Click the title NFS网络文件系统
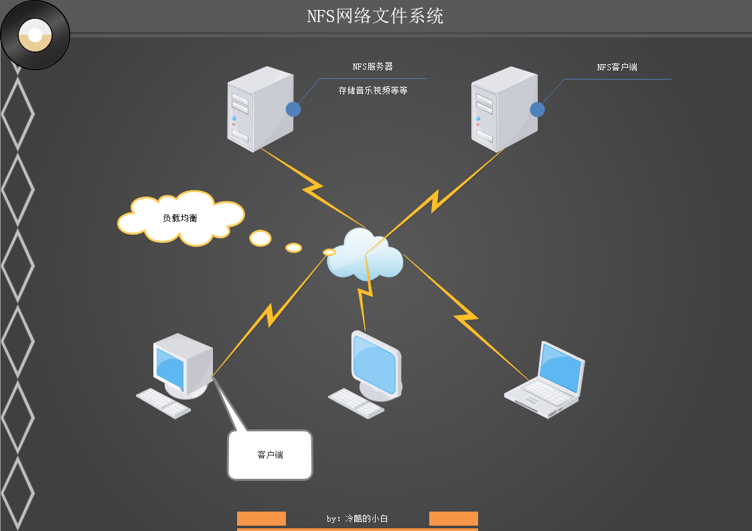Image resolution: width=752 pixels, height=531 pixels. (x=375, y=16)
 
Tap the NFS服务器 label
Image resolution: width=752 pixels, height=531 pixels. (x=372, y=67)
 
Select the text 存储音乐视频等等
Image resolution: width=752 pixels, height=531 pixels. (x=373, y=90)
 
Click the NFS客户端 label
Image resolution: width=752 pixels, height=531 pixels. (x=617, y=68)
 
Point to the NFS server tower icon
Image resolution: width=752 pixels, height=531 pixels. (x=260, y=108)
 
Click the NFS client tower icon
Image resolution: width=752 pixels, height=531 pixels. (x=504, y=108)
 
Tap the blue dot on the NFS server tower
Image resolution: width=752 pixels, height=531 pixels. (x=293, y=110)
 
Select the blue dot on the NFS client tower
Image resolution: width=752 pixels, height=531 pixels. (x=537, y=110)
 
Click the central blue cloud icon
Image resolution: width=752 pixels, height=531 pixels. (x=365, y=255)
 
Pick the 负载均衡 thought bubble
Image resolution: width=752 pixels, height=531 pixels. (x=180, y=218)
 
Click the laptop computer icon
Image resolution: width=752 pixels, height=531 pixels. (x=545, y=380)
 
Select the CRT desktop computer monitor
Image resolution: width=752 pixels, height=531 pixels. (x=182, y=364)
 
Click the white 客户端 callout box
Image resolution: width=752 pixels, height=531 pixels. (x=270, y=455)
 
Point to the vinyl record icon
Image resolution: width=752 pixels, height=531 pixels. (x=35, y=35)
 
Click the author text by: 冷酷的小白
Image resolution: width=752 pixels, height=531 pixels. (x=357, y=518)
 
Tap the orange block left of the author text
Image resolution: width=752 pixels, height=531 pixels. (x=261, y=518)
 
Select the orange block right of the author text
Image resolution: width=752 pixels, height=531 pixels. (x=453, y=518)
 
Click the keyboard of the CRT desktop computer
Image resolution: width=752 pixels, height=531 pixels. (x=164, y=403)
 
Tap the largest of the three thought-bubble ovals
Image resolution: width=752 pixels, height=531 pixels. (x=260, y=238)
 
